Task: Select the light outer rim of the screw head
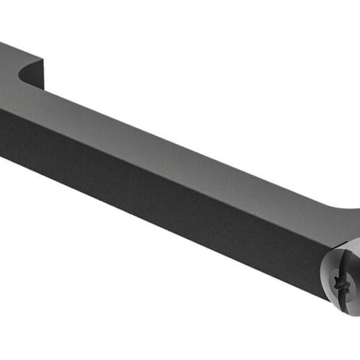click(325, 284)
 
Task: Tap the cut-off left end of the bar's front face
click(2, 133)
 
